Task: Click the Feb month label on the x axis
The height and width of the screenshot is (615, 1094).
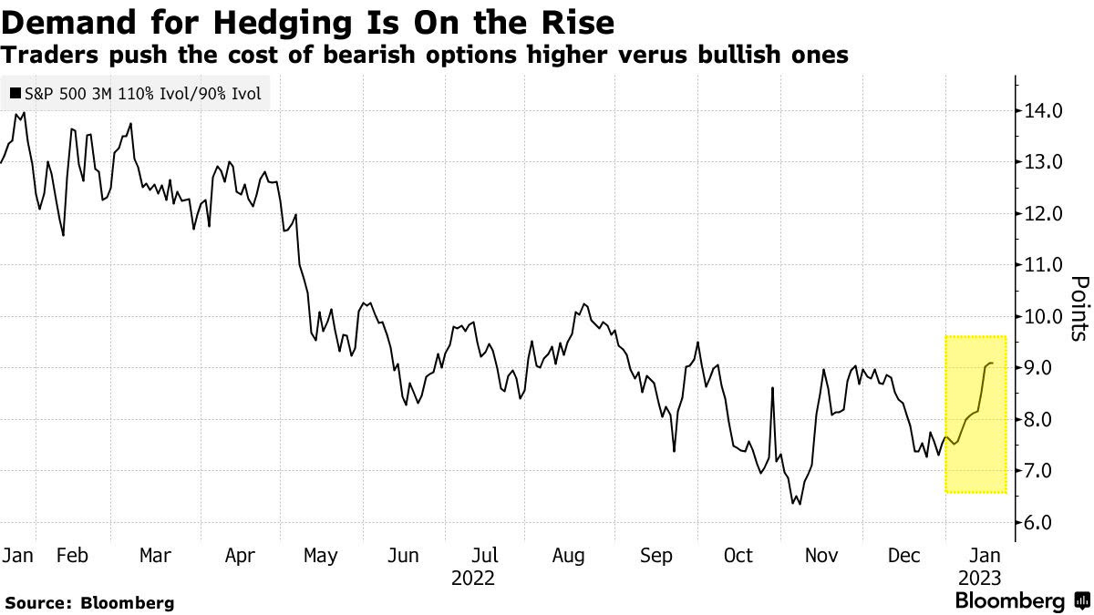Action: [x=72, y=556]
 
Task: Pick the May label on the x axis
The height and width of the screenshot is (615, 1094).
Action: [x=319, y=556]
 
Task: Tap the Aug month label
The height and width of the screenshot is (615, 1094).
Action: [x=568, y=556]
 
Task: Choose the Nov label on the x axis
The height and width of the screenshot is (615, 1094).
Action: [x=821, y=556]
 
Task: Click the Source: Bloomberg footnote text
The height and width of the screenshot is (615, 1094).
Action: [x=88, y=602]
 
